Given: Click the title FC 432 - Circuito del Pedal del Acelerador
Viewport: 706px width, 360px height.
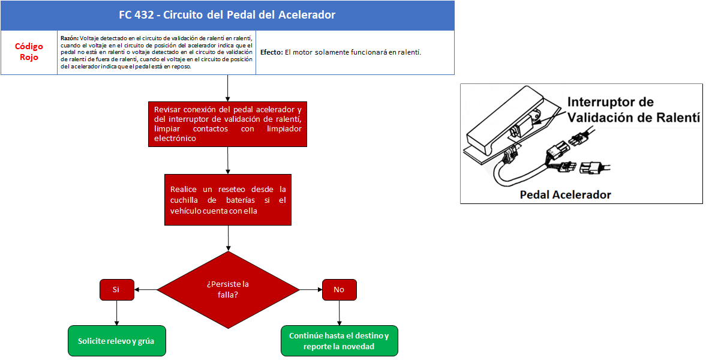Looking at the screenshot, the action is tap(227, 15).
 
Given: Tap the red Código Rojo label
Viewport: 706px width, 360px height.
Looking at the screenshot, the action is tap(29, 52).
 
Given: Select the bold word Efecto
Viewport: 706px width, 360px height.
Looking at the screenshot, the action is tap(272, 52).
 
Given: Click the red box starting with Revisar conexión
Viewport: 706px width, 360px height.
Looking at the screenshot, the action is tap(227, 124).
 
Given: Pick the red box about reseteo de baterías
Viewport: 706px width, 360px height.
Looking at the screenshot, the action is tap(228, 200).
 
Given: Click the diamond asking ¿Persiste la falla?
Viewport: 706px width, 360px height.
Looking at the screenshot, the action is tap(228, 290).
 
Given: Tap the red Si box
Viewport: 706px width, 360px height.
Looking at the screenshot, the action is tap(116, 290).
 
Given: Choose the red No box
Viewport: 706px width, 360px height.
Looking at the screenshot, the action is tap(340, 290).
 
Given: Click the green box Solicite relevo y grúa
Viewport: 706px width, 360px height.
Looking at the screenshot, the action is tap(116, 341).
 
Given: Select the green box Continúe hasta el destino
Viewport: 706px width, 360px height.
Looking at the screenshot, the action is tap(340, 341).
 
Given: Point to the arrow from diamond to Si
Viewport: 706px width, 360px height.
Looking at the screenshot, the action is tap(145, 290).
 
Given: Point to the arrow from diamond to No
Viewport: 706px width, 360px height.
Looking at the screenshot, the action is tap(311, 290).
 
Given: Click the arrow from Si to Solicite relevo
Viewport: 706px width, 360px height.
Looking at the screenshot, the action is tap(116, 313).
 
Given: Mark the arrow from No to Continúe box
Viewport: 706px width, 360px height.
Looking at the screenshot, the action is tap(340, 313).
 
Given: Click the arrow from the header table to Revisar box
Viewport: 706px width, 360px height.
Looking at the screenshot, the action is tap(227, 88).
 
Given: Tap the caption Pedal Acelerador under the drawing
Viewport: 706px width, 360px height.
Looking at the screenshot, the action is tap(566, 194).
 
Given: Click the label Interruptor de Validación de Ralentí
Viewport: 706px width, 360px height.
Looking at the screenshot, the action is tap(633, 109).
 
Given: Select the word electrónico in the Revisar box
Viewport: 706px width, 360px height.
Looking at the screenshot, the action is tap(175, 139).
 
